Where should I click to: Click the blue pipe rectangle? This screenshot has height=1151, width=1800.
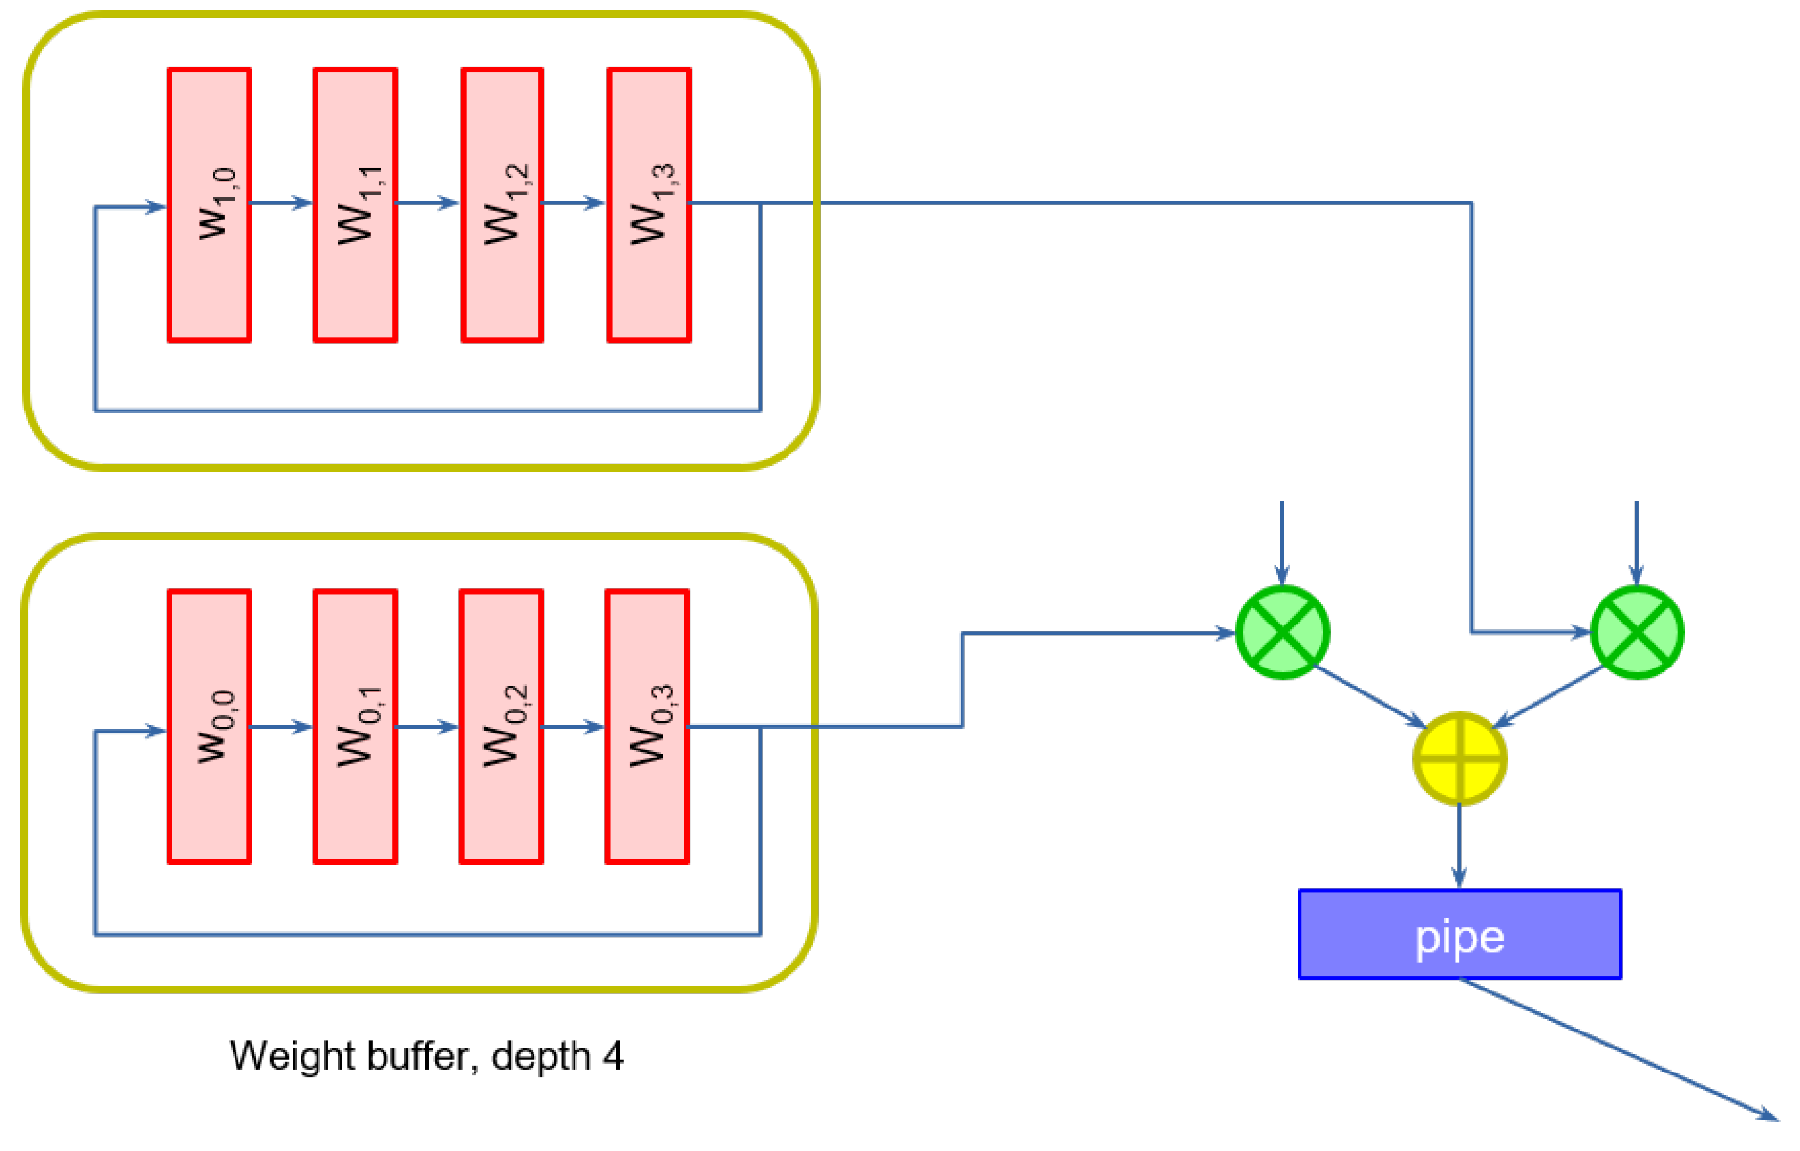point(1460,934)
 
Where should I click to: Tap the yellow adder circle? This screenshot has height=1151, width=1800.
point(1460,759)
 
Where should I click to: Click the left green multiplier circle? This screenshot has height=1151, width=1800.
point(1283,633)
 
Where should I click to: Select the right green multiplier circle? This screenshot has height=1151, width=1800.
point(1637,633)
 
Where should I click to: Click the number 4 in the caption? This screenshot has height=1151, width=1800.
point(614,1057)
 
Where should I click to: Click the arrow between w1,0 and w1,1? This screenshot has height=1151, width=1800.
point(282,203)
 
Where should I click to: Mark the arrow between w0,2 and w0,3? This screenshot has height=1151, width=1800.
point(574,727)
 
